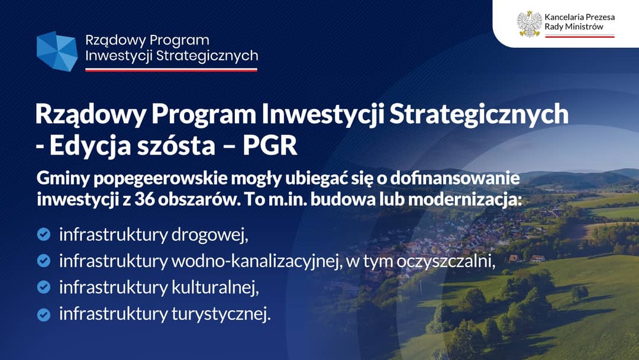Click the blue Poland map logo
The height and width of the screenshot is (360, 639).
pyautogui.click(x=57, y=52)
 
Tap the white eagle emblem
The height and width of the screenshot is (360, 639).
pyautogui.click(x=530, y=24)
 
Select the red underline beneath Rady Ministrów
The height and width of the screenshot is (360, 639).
pyautogui.click(x=579, y=36)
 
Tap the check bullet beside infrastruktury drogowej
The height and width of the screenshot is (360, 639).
pyautogui.click(x=44, y=234)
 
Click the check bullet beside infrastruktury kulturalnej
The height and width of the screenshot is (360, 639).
pyautogui.click(x=44, y=287)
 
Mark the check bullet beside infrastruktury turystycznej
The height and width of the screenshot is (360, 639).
pyautogui.click(x=44, y=314)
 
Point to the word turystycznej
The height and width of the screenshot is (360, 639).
pyautogui.click(x=221, y=314)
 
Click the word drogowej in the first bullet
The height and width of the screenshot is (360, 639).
pyautogui.click(x=209, y=235)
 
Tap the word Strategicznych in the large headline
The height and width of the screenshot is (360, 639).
pyautogui.click(x=479, y=114)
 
